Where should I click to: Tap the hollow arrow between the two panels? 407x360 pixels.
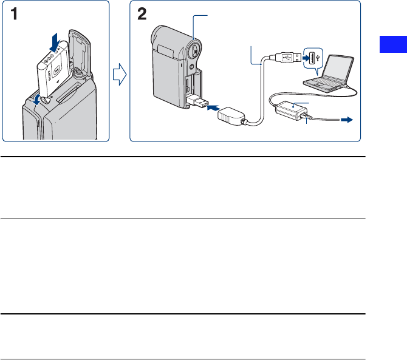[x=120, y=76]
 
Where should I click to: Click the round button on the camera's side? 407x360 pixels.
[x=194, y=48]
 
